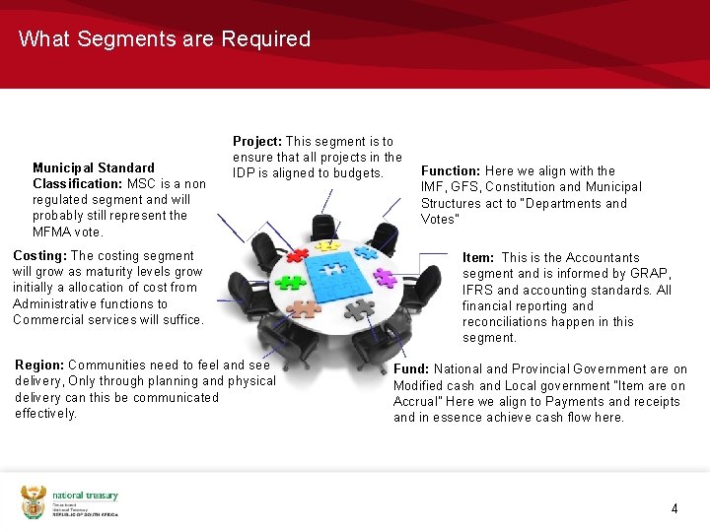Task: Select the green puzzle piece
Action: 292,281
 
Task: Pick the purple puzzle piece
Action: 385,278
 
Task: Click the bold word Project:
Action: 256,142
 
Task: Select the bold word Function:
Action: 451,170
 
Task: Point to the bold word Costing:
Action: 39,255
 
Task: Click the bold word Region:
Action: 39,365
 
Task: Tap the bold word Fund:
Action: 411,369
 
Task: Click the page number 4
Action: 674,509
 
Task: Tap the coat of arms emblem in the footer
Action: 34,501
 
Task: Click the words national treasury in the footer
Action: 85,496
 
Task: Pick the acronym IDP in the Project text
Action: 246,173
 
